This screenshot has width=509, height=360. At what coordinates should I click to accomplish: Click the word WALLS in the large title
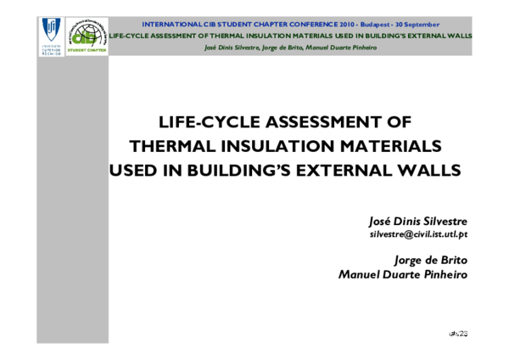pyautogui.click(x=433, y=170)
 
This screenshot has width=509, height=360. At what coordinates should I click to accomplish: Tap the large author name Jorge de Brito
pyautogui.click(x=432, y=261)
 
